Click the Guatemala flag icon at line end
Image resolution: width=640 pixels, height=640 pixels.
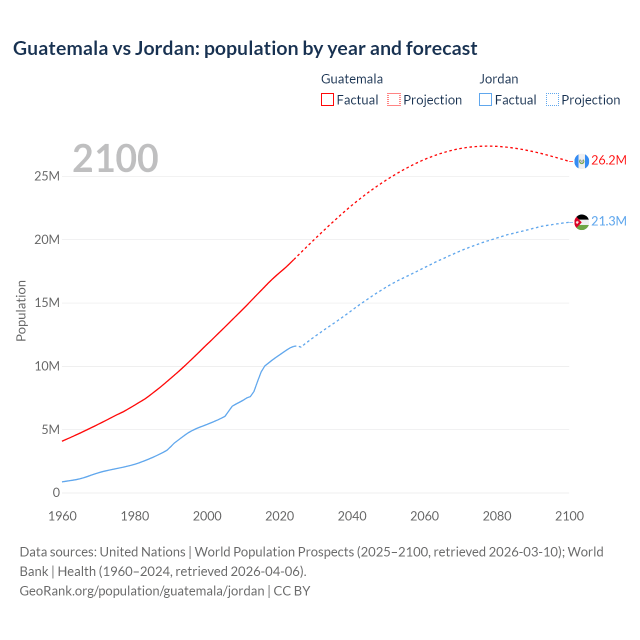pos(581,161)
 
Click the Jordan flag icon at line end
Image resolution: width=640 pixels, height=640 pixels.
pos(581,222)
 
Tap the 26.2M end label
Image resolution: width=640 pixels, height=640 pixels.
pos(608,160)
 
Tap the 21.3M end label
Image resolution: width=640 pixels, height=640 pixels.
pos(608,221)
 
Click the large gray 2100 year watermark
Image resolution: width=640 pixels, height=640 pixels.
pos(115,158)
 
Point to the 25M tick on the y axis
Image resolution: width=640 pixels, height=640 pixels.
pos(47,176)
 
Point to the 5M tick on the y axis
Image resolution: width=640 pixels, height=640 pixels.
pos(50,430)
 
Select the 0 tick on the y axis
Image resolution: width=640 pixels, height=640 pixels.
pos(56,493)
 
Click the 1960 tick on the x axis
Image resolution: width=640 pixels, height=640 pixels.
pos(62,516)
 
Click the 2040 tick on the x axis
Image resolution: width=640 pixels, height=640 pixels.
pos(352,516)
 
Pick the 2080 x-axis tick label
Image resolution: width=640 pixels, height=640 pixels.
pos(497,516)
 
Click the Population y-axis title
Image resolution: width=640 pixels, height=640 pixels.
pos(21,310)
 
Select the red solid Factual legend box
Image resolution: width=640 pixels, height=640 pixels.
pos(327,100)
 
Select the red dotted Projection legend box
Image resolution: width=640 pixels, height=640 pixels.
pos(394,100)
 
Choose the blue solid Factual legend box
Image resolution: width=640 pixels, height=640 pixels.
pos(485,100)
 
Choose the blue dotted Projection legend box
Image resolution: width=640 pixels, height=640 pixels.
pos(552,100)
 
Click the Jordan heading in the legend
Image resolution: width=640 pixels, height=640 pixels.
pos(498,79)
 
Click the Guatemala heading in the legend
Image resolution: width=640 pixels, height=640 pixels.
pos(352,79)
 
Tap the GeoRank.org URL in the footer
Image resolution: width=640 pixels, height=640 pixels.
pos(142,591)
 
